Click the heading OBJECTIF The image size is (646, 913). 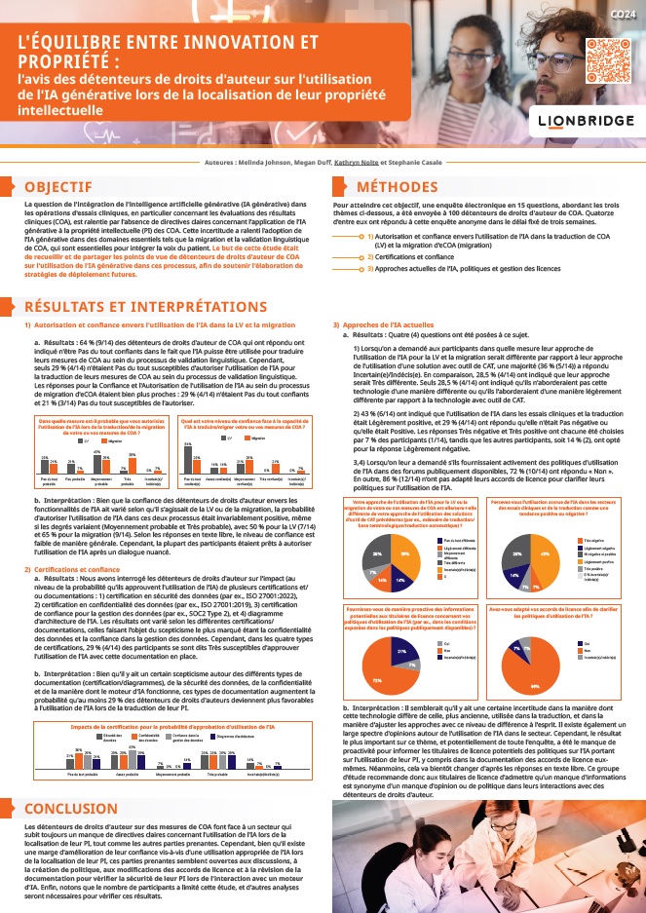[x=58, y=186]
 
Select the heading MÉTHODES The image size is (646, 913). [x=398, y=186]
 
